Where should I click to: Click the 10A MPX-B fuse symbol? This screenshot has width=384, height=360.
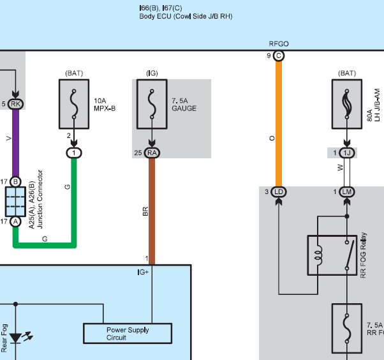[x=74, y=104]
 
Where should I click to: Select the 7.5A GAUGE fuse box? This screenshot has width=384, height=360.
[x=152, y=104]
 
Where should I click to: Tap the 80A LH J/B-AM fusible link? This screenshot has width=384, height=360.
[x=347, y=104]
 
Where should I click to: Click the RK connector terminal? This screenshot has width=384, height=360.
[x=16, y=104]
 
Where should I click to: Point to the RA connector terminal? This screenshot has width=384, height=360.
[x=152, y=153]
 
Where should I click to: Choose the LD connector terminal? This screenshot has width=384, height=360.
[x=279, y=192]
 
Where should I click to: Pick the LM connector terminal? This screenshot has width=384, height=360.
[x=347, y=192]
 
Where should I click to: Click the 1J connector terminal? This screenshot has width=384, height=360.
[x=347, y=153]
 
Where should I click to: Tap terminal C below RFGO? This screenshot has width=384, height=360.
[x=279, y=56]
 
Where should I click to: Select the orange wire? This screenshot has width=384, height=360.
[x=279, y=124]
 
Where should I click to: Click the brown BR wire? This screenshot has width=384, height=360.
[x=152, y=211]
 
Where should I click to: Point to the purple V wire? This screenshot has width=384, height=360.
[x=16, y=144]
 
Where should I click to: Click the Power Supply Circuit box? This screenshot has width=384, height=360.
[x=128, y=334]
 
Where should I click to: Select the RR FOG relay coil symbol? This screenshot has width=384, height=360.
[x=320, y=255]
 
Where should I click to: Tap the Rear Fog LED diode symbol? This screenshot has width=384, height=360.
[x=16, y=338]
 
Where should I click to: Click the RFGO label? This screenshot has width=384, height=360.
[x=279, y=44]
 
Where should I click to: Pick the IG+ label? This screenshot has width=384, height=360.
[x=143, y=273]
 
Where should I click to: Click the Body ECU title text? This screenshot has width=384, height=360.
[x=186, y=17]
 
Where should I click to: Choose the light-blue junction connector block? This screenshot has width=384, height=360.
[x=16, y=202]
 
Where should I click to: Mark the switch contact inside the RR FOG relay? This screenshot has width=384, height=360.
[x=350, y=255]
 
